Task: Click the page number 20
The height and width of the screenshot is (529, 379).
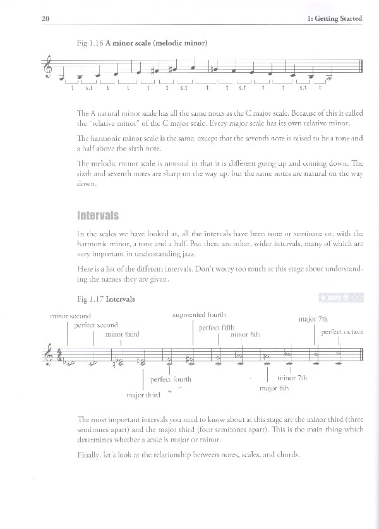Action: click(45, 19)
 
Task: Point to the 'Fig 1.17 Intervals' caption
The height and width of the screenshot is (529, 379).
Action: click(104, 298)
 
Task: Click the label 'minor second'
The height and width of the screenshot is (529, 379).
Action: click(70, 316)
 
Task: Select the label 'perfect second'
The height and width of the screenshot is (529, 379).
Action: click(96, 325)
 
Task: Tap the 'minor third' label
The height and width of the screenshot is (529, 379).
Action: click(123, 333)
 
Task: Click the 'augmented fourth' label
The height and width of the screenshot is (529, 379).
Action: click(199, 314)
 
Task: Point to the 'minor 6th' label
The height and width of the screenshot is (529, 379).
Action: click(245, 334)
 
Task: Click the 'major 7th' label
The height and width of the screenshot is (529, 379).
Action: click(313, 319)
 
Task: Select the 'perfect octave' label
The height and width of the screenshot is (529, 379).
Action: click(342, 332)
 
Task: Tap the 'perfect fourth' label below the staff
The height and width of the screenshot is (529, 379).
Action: click(171, 379)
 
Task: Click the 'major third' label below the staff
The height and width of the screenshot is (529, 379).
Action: click(143, 395)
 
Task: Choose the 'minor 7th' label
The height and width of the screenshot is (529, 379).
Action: click(292, 378)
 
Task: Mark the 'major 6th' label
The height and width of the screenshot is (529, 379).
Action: click(274, 388)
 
